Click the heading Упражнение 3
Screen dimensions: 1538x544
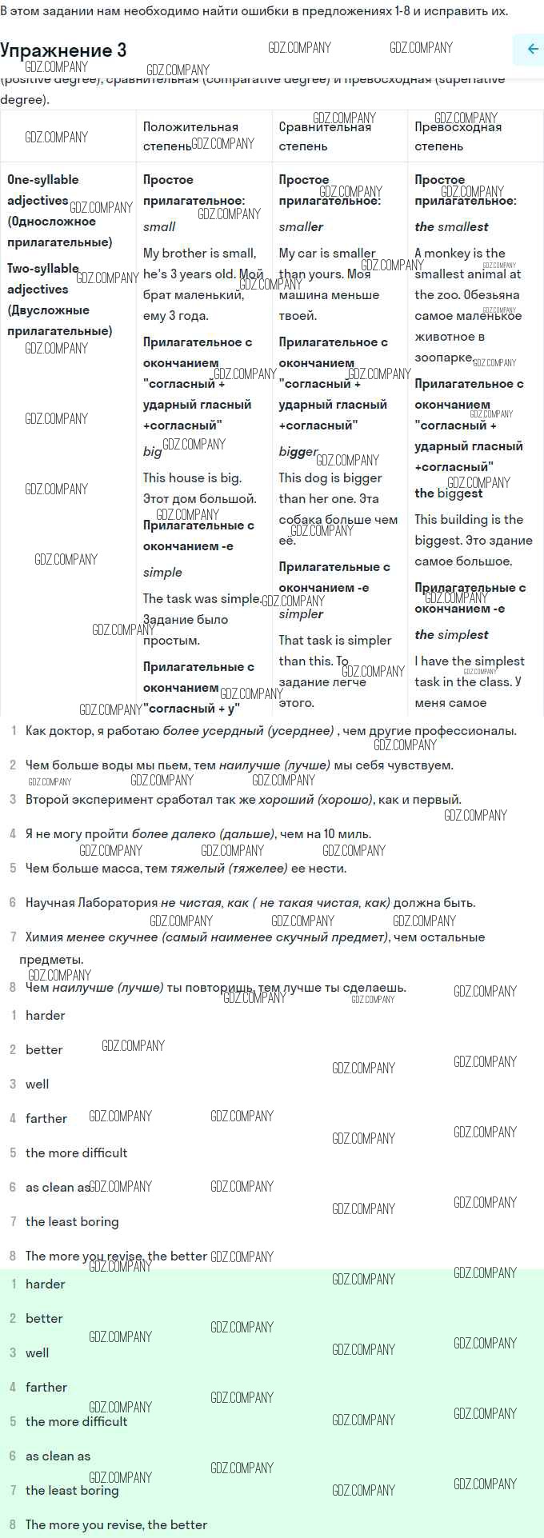pos(63,50)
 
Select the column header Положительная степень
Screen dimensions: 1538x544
pos(190,136)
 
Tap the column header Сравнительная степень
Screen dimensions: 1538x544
pos(325,136)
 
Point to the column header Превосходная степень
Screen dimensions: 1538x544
pos(458,136)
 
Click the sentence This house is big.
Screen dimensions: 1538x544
pos(192,477)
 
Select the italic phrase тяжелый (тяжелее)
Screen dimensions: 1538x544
pos(229,868)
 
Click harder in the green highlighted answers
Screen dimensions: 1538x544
pos(45,1284)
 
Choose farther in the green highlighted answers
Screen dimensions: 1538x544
pos(46,1387)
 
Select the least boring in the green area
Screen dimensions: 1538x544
pos(72,1490)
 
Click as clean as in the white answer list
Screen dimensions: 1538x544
pos(58,1187)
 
